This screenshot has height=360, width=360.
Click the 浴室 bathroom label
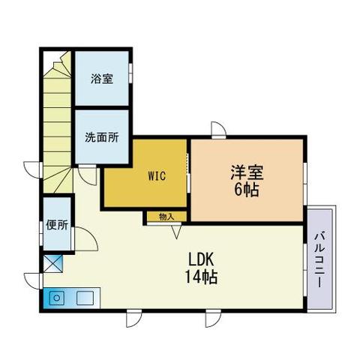[103, 78]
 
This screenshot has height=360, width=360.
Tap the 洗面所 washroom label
[102, 137]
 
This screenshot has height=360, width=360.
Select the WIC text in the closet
[157, 177]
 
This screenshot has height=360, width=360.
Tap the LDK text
[202, 260]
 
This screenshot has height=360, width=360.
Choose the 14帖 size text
[202, 277]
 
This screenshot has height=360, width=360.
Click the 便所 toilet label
[57, 224]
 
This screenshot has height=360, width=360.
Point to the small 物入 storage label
[166, 217]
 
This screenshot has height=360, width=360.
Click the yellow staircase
[55, 112]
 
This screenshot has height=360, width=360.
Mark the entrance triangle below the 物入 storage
[176, 231]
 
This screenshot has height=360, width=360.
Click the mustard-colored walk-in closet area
[146, 191]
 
